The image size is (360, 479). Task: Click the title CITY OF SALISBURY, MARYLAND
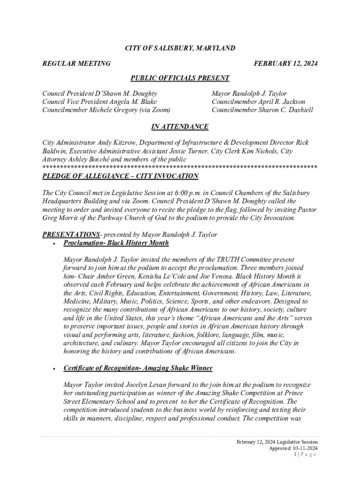pos(180,48)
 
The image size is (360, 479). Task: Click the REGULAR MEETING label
pos(76,63)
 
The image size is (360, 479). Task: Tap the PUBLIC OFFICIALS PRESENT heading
pos(180,78)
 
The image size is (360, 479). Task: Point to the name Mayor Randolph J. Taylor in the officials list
pos(249,94)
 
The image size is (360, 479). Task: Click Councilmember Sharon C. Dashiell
pos(262,110)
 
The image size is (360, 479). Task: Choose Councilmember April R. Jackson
pos(258,102)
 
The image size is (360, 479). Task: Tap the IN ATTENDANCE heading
pos(180,127)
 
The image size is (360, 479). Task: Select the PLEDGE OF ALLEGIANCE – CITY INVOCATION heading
pos(120,176)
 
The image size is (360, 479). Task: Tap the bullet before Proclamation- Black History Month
pos(55,244)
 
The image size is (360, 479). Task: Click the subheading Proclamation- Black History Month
pos(116,243)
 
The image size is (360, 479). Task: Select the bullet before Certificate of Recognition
pos(55,369)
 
